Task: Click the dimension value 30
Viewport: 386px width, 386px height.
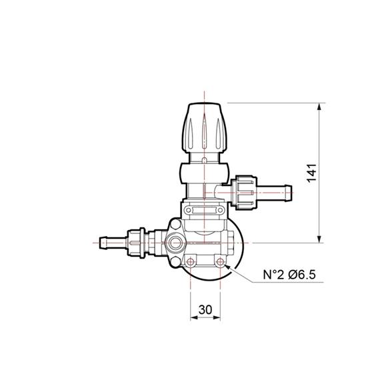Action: [205, 310]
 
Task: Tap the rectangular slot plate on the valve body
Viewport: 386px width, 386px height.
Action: [205, 210]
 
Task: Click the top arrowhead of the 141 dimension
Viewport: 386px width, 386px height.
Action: [322, 106]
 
